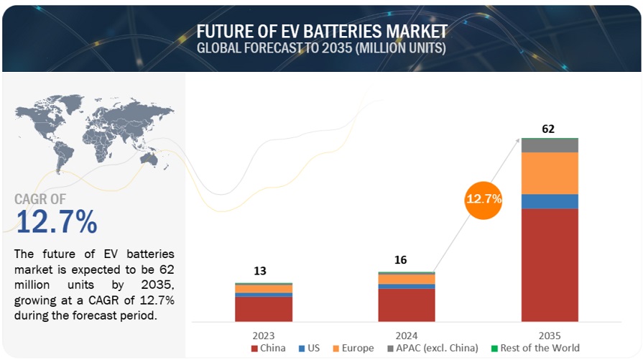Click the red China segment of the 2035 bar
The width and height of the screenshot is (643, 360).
click(550, 264)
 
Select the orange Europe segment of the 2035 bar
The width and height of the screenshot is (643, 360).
click(550, 173)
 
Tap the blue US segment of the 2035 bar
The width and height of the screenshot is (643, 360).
click(550, 201)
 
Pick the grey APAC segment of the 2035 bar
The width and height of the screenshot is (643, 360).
click(550, 145)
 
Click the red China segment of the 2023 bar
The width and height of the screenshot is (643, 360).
click(264, 308)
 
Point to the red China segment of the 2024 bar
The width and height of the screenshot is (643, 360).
click(407, 304)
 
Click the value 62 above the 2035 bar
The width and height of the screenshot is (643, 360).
click(549, 129)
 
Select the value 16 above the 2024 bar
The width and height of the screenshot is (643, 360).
click(401, 259)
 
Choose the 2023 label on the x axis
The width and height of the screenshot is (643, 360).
click(264, 335)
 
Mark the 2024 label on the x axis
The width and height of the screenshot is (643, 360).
click(407, 335)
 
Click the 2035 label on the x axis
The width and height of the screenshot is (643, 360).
click(550, 335)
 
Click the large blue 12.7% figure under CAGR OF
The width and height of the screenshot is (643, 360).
click(56, 223)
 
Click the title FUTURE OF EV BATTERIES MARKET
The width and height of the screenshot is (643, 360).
click(322, 32)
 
